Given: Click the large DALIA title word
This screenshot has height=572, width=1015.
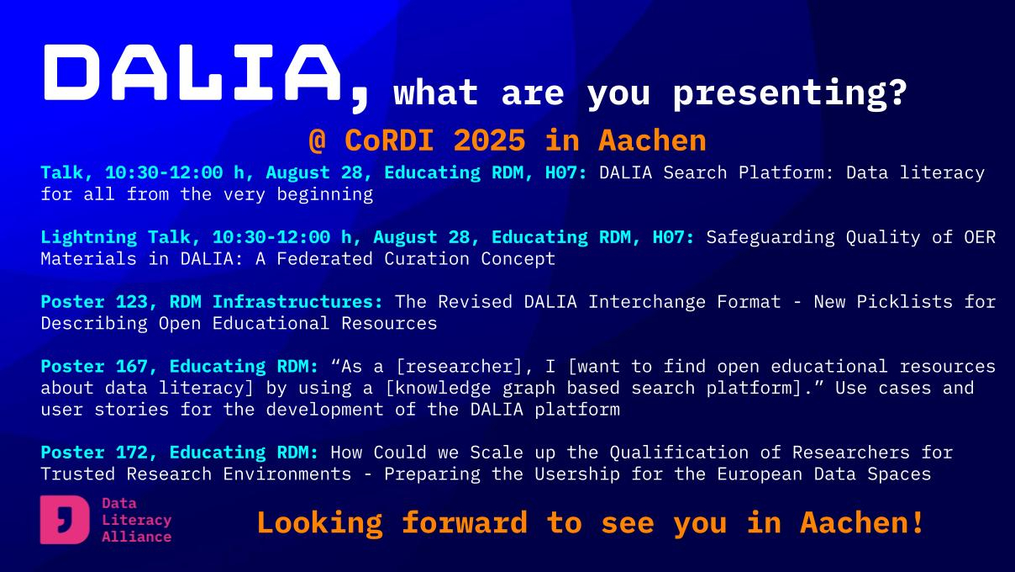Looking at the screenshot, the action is click(192, 72).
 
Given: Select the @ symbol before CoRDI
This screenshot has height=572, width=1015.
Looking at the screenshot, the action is click(318, 140).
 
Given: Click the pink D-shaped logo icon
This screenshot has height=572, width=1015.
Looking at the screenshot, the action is click(65, 519).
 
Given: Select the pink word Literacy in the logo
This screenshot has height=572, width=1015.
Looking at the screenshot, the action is click(136, 521).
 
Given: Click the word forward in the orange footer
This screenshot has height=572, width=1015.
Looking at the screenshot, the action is click(465, 522).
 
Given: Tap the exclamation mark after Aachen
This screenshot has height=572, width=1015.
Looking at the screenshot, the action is click(918, 522).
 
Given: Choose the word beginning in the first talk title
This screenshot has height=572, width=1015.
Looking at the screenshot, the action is click(325, 195).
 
